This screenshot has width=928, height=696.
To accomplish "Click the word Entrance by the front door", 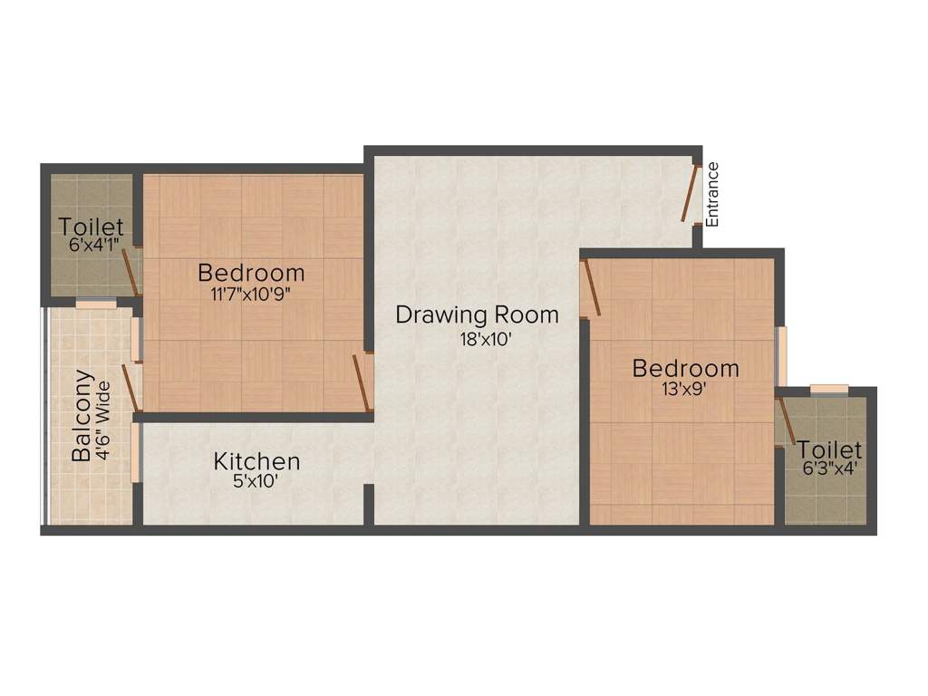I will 712,194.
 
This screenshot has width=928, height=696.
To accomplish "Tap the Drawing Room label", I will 477,315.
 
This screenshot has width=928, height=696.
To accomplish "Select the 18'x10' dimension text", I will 477,341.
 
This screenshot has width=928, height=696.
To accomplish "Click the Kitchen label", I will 256,461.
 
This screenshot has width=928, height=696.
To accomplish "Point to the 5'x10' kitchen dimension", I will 255,482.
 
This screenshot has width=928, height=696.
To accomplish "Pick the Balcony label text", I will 82,415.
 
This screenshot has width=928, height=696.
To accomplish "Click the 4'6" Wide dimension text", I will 103,420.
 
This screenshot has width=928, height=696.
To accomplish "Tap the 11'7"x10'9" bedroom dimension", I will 251,294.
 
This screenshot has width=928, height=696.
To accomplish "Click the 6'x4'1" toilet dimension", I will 90,244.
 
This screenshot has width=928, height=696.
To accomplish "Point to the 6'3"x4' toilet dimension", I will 828,469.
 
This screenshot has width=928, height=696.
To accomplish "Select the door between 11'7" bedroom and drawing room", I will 362,382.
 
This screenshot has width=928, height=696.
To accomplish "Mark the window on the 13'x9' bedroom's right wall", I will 781,355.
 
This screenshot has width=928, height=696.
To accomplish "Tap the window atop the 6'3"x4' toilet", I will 828,390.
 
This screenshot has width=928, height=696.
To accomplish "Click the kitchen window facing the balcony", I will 136,451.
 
